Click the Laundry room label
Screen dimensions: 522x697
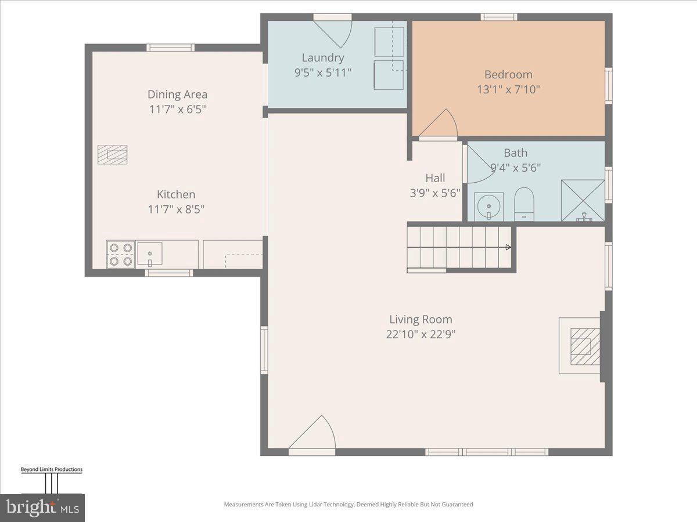click(x=323, y=57)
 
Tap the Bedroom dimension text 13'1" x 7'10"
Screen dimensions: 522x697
click(x=508, y=89)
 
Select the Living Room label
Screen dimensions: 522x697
click(x=421, y=319)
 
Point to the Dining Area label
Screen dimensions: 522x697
click(x=177, y=95)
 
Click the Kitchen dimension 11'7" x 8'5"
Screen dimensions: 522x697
click(x=176, y=209)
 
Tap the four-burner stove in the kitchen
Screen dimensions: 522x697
click(x=120, y=255)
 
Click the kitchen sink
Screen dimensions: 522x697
click(x=150, y=253)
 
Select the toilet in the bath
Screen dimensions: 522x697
click(x=524, y=204)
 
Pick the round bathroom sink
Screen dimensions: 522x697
click(x=488, y=206)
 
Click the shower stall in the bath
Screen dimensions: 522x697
click(x=583, y=200)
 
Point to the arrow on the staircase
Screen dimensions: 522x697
click(x=508, y=248)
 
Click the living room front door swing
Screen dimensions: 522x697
click(x=314, y=434)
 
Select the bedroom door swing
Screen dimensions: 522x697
click(x=440, y=124)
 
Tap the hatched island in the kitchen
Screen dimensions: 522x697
click(x=112, y=154)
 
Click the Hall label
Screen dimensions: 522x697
click(x=435, y=178)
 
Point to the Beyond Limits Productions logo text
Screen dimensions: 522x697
click(x=52, y=469)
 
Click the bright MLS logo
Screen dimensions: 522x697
click(x=42, y=507)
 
